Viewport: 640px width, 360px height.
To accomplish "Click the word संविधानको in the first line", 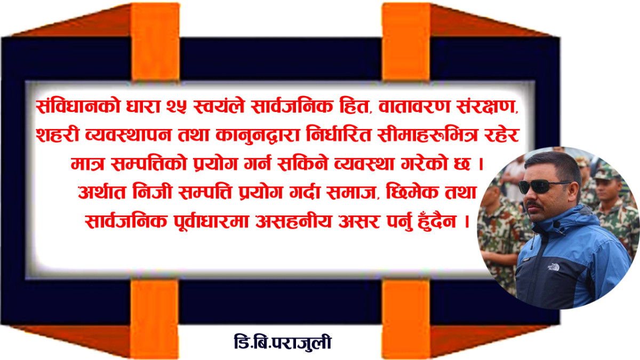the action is click(78, 106).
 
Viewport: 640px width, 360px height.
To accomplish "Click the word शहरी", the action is click(57, 135).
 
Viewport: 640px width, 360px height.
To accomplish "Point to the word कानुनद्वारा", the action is click(258, 135).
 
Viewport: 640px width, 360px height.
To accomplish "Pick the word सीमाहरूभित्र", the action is click(427, 135).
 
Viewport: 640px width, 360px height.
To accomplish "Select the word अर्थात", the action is click(102, 192).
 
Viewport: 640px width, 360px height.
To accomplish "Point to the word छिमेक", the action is click(412, 191).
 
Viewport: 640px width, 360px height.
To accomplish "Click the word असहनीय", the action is click(293, 221).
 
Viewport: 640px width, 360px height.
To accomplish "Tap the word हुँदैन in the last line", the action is click(437, 221).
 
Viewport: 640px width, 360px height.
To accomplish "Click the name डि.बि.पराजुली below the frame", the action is click(283, 342).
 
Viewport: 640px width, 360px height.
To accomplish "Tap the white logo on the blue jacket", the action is click(553, 267).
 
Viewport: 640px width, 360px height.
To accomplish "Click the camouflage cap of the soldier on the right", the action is click(607, 172).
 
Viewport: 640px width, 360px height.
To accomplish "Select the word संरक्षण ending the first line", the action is click(487, 106).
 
